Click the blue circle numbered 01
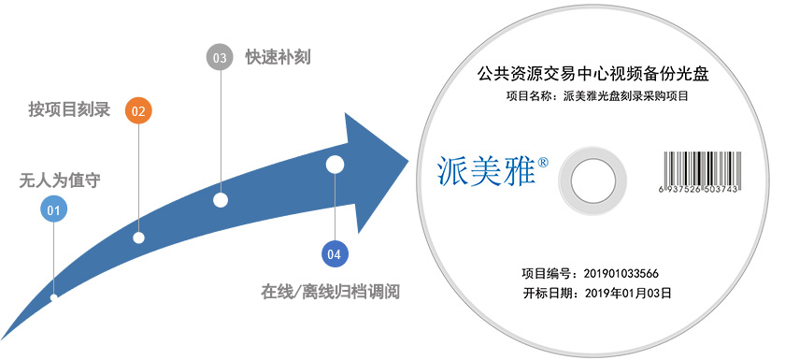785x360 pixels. click(x=53, y=210)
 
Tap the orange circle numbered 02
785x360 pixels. click(x=138, y=110)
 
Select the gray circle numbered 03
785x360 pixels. click(x=220, y=57)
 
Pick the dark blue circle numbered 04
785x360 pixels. click(x=335, y=252)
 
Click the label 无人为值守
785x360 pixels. click(x=53, y=179)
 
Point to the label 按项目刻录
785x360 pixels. click(x=69, y=110)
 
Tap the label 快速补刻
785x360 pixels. click(x=278, y=57)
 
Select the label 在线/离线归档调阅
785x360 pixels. click(x=331, y=292)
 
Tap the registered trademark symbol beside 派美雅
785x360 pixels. click(x=543, y=161)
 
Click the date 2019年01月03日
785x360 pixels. click(x=628, y=293)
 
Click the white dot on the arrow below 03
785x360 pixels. click(x=221, y=199)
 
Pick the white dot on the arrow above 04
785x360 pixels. click(x=335, y=166)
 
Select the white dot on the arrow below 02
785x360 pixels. click(x=138, y=238)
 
